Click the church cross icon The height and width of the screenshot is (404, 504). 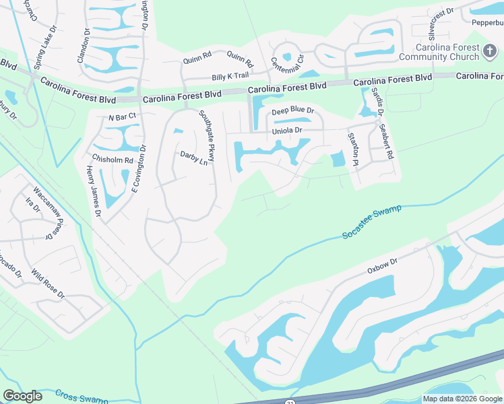click(x=490, y=48)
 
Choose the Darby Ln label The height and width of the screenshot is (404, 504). click(x=194, y=158)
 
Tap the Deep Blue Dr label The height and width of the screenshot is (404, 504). click(x=293, y=110)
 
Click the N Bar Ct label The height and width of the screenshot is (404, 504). click(x=123, y=116)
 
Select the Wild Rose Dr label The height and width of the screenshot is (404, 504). click(x=48, y=285)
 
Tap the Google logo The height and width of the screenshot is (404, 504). click(x=23, y=396)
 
